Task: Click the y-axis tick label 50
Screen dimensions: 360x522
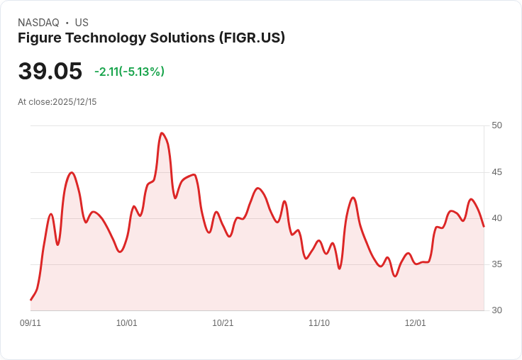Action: [496, 125]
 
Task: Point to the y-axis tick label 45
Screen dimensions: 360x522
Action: [496, 172]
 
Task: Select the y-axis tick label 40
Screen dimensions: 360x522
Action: [496, 218]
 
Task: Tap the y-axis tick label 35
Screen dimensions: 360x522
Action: [496, 264]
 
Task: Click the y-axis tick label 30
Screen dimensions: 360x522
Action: [496, 310]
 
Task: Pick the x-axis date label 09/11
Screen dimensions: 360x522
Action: [30, 323]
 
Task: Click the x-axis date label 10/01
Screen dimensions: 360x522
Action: [127, 323]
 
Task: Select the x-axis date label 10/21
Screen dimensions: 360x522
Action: [223, 323]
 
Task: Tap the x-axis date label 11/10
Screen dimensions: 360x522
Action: [319, 323]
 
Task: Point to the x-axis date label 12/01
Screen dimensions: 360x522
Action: [416, 323]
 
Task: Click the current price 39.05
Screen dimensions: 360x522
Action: [50, 72]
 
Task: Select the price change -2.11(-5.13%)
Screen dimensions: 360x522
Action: [129, 72]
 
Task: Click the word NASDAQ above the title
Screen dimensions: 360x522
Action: [39, 23]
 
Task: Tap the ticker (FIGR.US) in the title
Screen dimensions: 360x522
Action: [252, 38]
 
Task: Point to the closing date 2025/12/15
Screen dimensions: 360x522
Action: [74, 102]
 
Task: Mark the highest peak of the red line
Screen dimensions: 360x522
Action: [162, 133]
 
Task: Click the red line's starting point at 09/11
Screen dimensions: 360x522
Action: [30, 300]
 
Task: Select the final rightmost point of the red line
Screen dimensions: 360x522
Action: [484, 227]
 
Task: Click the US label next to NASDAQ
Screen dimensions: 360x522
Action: [82, 23]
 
